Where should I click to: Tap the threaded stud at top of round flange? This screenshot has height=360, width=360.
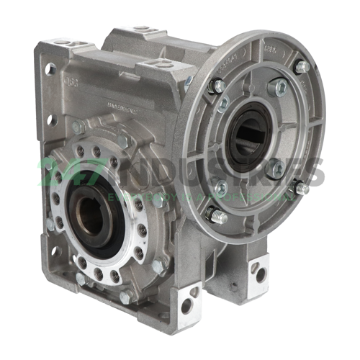click(x=301, y=66)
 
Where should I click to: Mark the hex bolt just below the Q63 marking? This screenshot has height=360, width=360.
click(x=76, y=127)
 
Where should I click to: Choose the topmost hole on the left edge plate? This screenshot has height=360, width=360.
click(x=51, y=70)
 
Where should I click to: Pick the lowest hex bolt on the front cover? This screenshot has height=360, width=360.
click(x=125, y=296)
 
